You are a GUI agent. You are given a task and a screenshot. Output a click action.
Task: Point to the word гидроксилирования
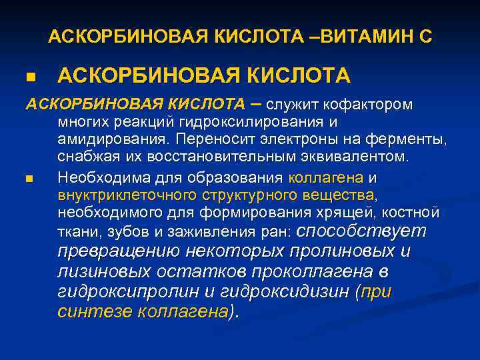click(x=264, y=123)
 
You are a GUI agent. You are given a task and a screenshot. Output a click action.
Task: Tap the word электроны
click(x=293, y=140)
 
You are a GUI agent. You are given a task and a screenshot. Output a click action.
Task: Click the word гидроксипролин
click(x=125, y=292)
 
